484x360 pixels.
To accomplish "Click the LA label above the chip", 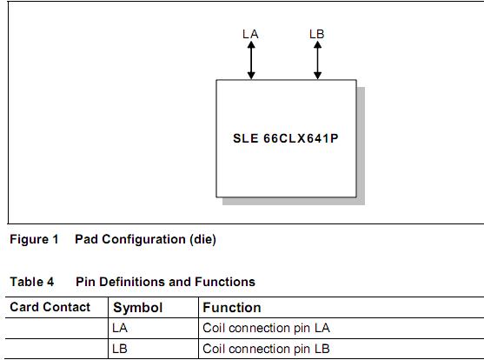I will pos(250,34).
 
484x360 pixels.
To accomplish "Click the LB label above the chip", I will pos(317,34).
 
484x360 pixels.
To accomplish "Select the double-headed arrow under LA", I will pos(251,60).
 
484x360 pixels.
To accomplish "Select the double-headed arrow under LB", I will pos(317,60).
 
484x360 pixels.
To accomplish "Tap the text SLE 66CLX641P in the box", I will pos(286,137).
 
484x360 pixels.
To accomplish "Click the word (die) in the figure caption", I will pos(202,239).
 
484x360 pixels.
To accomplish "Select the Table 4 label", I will pos(32,282).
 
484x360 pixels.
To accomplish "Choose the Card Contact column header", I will pos(50,307).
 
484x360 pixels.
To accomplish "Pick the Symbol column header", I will pos(137,308).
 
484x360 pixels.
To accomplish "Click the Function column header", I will pos(232,308).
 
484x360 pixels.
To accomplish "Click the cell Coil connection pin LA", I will pos(266,329).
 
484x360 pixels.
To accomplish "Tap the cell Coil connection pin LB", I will pos(266,349).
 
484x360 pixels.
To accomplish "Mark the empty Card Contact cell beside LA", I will pos(56,329).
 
